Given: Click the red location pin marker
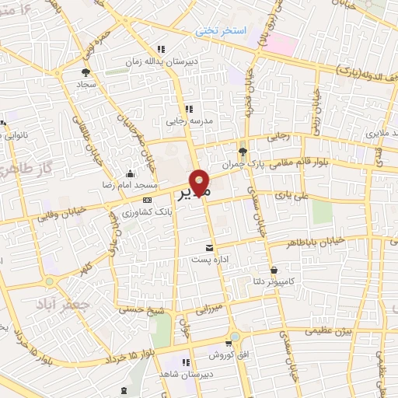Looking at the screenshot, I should tap(201, 183).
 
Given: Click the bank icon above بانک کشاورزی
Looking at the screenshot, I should tap(147, 199).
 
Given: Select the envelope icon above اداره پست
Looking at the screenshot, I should tap(208, 248).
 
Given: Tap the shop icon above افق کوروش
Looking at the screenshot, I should tap(227, 343).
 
